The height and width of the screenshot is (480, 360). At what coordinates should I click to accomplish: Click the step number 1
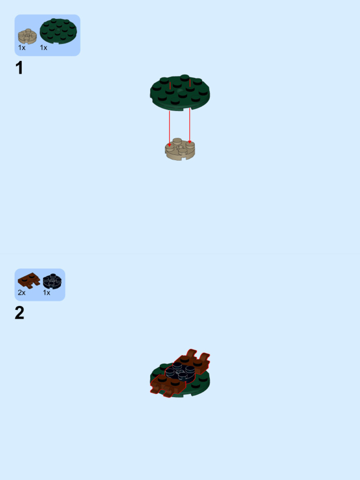tap(19, 68)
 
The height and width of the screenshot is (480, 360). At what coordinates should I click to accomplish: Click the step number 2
tap(19, 313)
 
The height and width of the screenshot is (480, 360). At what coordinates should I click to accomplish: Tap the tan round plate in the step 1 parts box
tap(27, 36)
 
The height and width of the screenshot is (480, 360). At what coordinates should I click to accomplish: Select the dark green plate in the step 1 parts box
tap(58, 31)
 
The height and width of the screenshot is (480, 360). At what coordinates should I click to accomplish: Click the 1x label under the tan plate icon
tap(22, 48)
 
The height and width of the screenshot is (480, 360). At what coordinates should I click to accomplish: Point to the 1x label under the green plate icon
tap(44, 48)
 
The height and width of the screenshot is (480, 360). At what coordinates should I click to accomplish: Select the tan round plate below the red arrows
tap(180, 150)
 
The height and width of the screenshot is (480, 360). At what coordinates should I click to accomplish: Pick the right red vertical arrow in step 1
tap(189, 124)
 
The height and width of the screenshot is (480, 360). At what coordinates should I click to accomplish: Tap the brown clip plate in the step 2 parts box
tap(29, 280)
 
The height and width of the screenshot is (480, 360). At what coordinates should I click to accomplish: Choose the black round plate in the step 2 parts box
tap(52, 281)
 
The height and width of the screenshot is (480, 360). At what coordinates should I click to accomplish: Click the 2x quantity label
tap(22, 292)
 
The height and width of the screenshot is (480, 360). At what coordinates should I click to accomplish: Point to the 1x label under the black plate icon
tap(46, 292)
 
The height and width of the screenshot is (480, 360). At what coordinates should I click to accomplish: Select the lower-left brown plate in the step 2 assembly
tap(166, 384)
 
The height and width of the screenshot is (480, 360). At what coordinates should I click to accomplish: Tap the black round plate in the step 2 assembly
tap(181, 372)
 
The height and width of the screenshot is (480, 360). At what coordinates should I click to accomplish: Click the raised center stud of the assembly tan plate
tap(177, 141)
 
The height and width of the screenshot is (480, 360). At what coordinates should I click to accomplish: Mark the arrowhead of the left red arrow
tap(170, 145)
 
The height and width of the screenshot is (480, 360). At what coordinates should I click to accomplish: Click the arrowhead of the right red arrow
tap(189, 142)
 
